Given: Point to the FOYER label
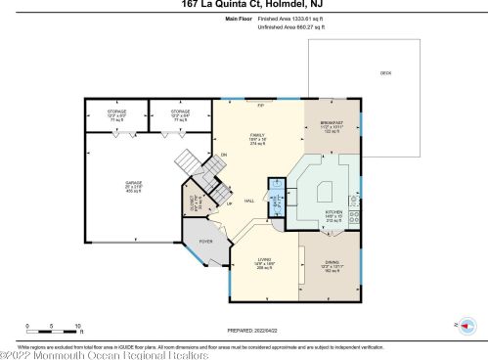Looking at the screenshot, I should tap(206, 241).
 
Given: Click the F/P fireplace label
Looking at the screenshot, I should tap(260, 104).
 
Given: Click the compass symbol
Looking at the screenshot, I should tap(465, 325).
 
